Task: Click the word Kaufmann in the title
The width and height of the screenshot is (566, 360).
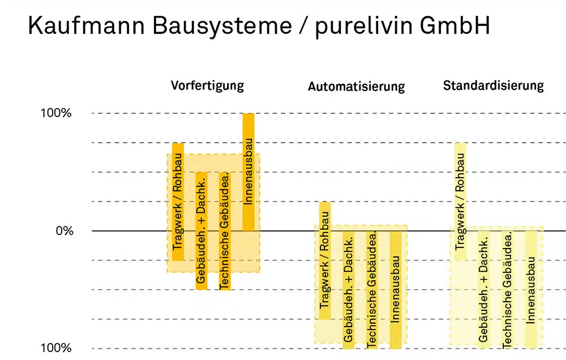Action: pyautogui.click(x=87, y=25)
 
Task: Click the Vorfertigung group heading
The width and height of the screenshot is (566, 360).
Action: pyautogui.click(x=207, y=86)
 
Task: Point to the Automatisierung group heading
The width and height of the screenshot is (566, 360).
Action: pyautogui.click(x=356, y=87)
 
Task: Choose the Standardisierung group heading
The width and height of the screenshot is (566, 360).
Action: pyautogui.click(x=493, y=85)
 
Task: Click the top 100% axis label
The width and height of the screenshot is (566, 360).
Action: pyautogui.click(x=56, y=113)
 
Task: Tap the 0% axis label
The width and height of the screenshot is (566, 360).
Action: pyautogui.click(x=65, y=231)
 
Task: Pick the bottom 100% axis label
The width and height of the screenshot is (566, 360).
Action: pyautogui.click(x=56, y=348)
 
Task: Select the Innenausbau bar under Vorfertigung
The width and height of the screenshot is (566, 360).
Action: pyautogui.click(x=248, y=172)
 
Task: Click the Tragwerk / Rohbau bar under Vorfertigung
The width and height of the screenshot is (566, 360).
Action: pyautogui.click(x=178, y=202)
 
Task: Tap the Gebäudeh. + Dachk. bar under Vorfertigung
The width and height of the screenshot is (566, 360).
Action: pyautogui.click(x=201, y=231)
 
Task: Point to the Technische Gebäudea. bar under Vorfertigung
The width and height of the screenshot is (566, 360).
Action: pyautogui.click(x=225, y=231)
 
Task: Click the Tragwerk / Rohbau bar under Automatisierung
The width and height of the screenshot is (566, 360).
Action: pyautogui.click(x=325, y=261)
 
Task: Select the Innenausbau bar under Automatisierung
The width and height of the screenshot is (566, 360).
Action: pyautogui.click(x=396, y=290)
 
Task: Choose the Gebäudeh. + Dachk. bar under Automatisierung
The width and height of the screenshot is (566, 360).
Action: pyautogui.click(x=348, y=290)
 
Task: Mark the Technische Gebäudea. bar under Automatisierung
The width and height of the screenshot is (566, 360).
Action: pyautogui.click(x=372, y=290)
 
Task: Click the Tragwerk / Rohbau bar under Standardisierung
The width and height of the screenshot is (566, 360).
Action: pyautogui.click(x=460, y=202)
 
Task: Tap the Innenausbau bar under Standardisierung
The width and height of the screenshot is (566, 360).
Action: pyautogui.click(x=531, y=290)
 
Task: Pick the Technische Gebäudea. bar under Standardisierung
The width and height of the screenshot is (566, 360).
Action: pyautogui.click(x=508, y=290)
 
